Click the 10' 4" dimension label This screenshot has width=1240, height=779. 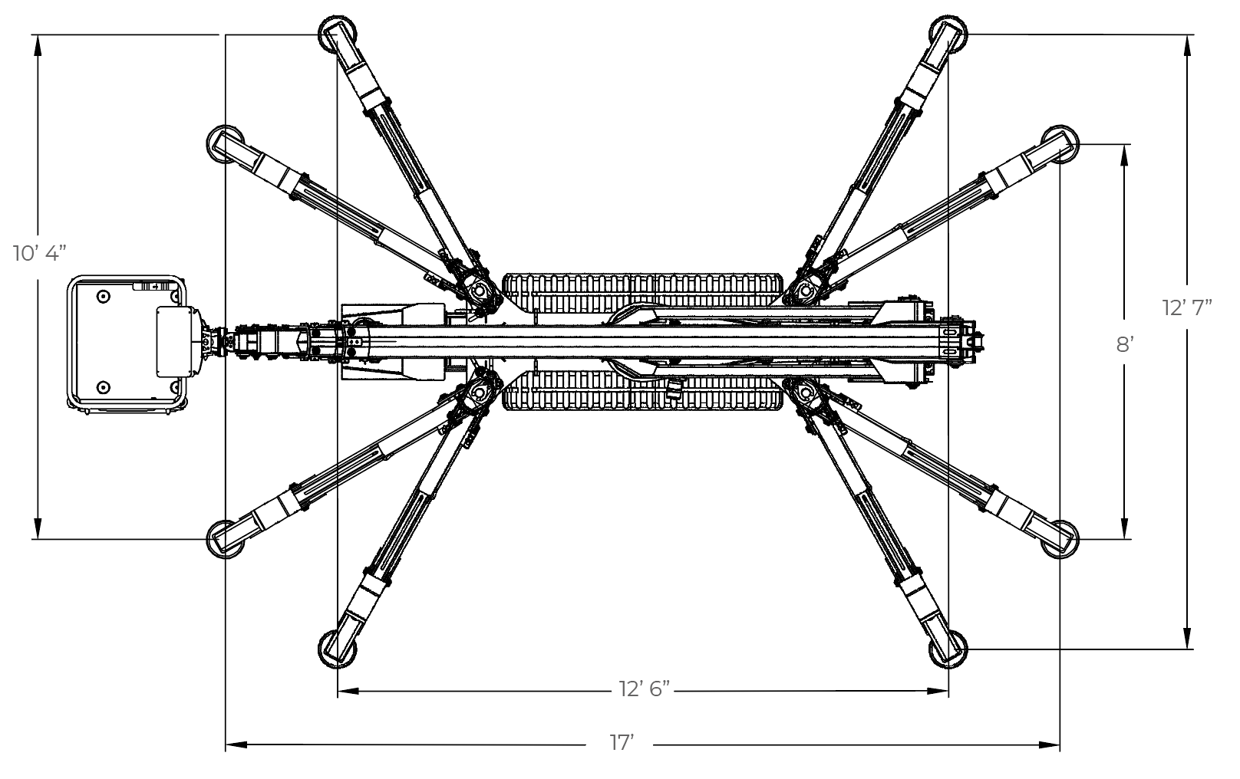[x=41, y=253]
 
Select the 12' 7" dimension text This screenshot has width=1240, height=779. [x=1187, y=307]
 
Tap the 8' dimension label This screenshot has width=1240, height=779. [x=1124, y=344]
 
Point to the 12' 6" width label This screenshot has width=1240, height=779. [x=645, y=689]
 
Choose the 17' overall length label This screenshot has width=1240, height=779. [x=622, y=743]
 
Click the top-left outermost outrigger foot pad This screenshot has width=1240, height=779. [x=336, y=34]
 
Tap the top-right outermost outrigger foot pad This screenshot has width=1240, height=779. [x=948, y=34]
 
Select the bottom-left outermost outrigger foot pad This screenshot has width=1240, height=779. [x=336, y=649]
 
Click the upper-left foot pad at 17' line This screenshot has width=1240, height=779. [x=224, y=143]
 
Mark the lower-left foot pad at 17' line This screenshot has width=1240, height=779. [x=224, y=539]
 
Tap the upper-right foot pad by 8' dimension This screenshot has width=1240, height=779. [x=1060, y=143]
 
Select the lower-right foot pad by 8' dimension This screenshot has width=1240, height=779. [x=1060, y=539]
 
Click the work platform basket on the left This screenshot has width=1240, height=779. [x=127, y=341]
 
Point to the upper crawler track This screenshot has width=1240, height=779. [x=643, y=292]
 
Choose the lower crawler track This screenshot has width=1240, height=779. [x=643, y=391]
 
